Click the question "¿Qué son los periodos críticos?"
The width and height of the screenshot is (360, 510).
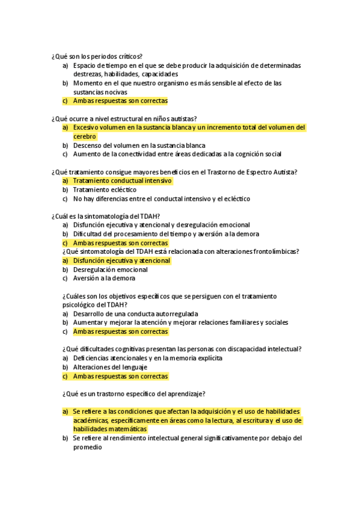[x=97, y=57]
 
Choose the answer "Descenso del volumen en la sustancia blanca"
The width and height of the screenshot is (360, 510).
[x=139, y=145]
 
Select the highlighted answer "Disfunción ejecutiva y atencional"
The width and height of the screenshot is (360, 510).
[x=121, y=260]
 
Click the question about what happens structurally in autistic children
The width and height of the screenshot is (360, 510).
[x=124, y=118]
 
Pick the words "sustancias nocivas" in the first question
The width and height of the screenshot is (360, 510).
[x=100, y=92]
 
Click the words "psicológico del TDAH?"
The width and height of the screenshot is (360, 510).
[x=90, y=305]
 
